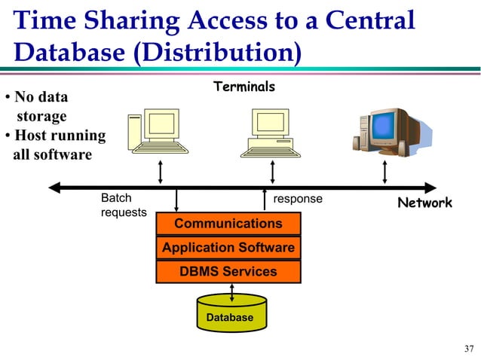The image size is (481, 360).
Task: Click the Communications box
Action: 228,224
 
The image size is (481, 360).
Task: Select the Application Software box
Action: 228,248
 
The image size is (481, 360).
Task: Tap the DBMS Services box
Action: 228,272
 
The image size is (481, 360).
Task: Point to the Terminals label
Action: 244,87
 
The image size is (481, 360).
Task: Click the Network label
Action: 424,203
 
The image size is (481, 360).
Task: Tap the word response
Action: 297,199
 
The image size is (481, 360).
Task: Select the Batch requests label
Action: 123,206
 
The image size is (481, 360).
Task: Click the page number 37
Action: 469,348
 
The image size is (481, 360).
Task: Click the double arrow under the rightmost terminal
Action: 385,171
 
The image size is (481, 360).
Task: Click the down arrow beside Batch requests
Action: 176,200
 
